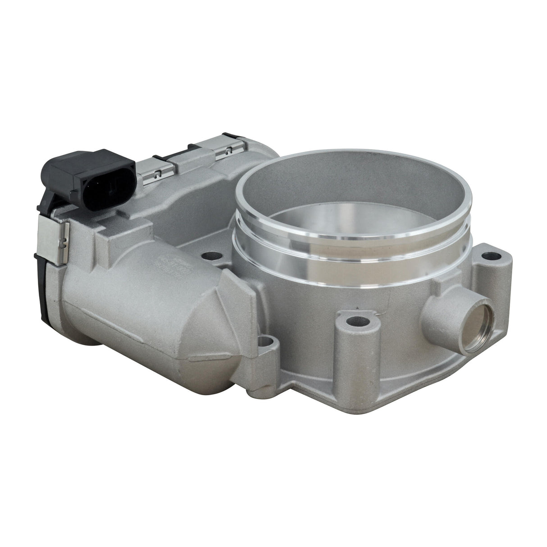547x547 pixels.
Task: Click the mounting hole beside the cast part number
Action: tap(209, 256)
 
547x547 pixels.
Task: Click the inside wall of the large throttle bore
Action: tap(360, 194)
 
